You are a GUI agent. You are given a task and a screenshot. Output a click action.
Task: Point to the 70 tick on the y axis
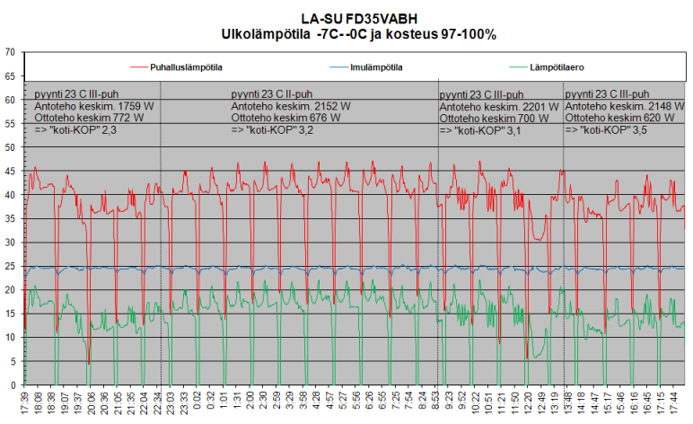[x=11, y=52]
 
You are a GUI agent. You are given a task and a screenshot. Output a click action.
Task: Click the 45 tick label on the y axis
[x=11, y=171]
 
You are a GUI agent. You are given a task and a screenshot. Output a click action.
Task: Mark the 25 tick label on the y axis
[x=11, y=266]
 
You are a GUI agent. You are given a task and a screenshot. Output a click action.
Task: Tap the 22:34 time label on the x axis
[x=160, y=402]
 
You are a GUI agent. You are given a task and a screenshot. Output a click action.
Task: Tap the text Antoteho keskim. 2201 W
[x=495, y=107]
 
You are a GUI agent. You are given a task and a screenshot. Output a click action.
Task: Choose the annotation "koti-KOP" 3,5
[x=606, y=130]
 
